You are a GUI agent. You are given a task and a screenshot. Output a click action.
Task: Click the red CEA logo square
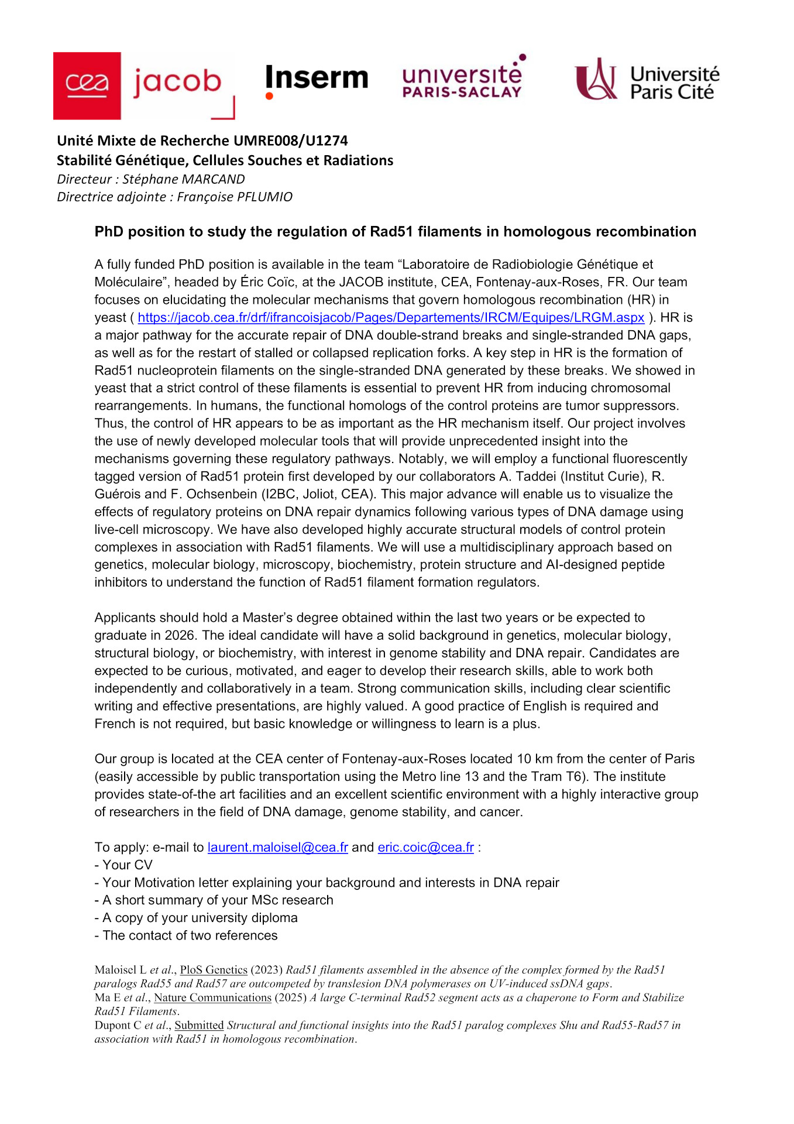pyautogui.click(x=87, y=85)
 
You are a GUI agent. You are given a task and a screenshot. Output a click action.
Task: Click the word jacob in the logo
pyautogui.click(x=177, y=83)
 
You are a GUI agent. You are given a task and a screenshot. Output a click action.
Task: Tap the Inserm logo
pyautogui.click(x=317, y=79)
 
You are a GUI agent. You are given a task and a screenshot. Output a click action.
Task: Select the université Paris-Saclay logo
pyautogui.click(x=462, y=79)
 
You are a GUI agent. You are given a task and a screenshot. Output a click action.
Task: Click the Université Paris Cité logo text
pyautogui.click(x=674, y=83)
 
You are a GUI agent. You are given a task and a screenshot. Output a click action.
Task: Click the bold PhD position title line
pyautogui.click(x=395, y=232)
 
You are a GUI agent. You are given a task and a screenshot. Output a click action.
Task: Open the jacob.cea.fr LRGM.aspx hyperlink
pyautogui.click(x=391, y=318)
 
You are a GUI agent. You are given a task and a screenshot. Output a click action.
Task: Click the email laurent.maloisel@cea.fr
pyautogui.click(x=277, y=848)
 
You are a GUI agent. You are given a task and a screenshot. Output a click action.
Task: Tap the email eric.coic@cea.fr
pyautogui.click(x=425, y=848)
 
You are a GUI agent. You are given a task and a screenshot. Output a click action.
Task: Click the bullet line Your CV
pyautogui.click(x=127, y=865)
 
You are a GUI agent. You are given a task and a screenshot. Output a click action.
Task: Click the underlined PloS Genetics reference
pyautogui.click(x=214, y=970)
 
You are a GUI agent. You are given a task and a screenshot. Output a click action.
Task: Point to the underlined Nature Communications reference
pyautogui.click(x=212, y=998)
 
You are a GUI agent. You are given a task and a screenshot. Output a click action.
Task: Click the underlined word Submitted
pyautogui.click(x=199, y=1025)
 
